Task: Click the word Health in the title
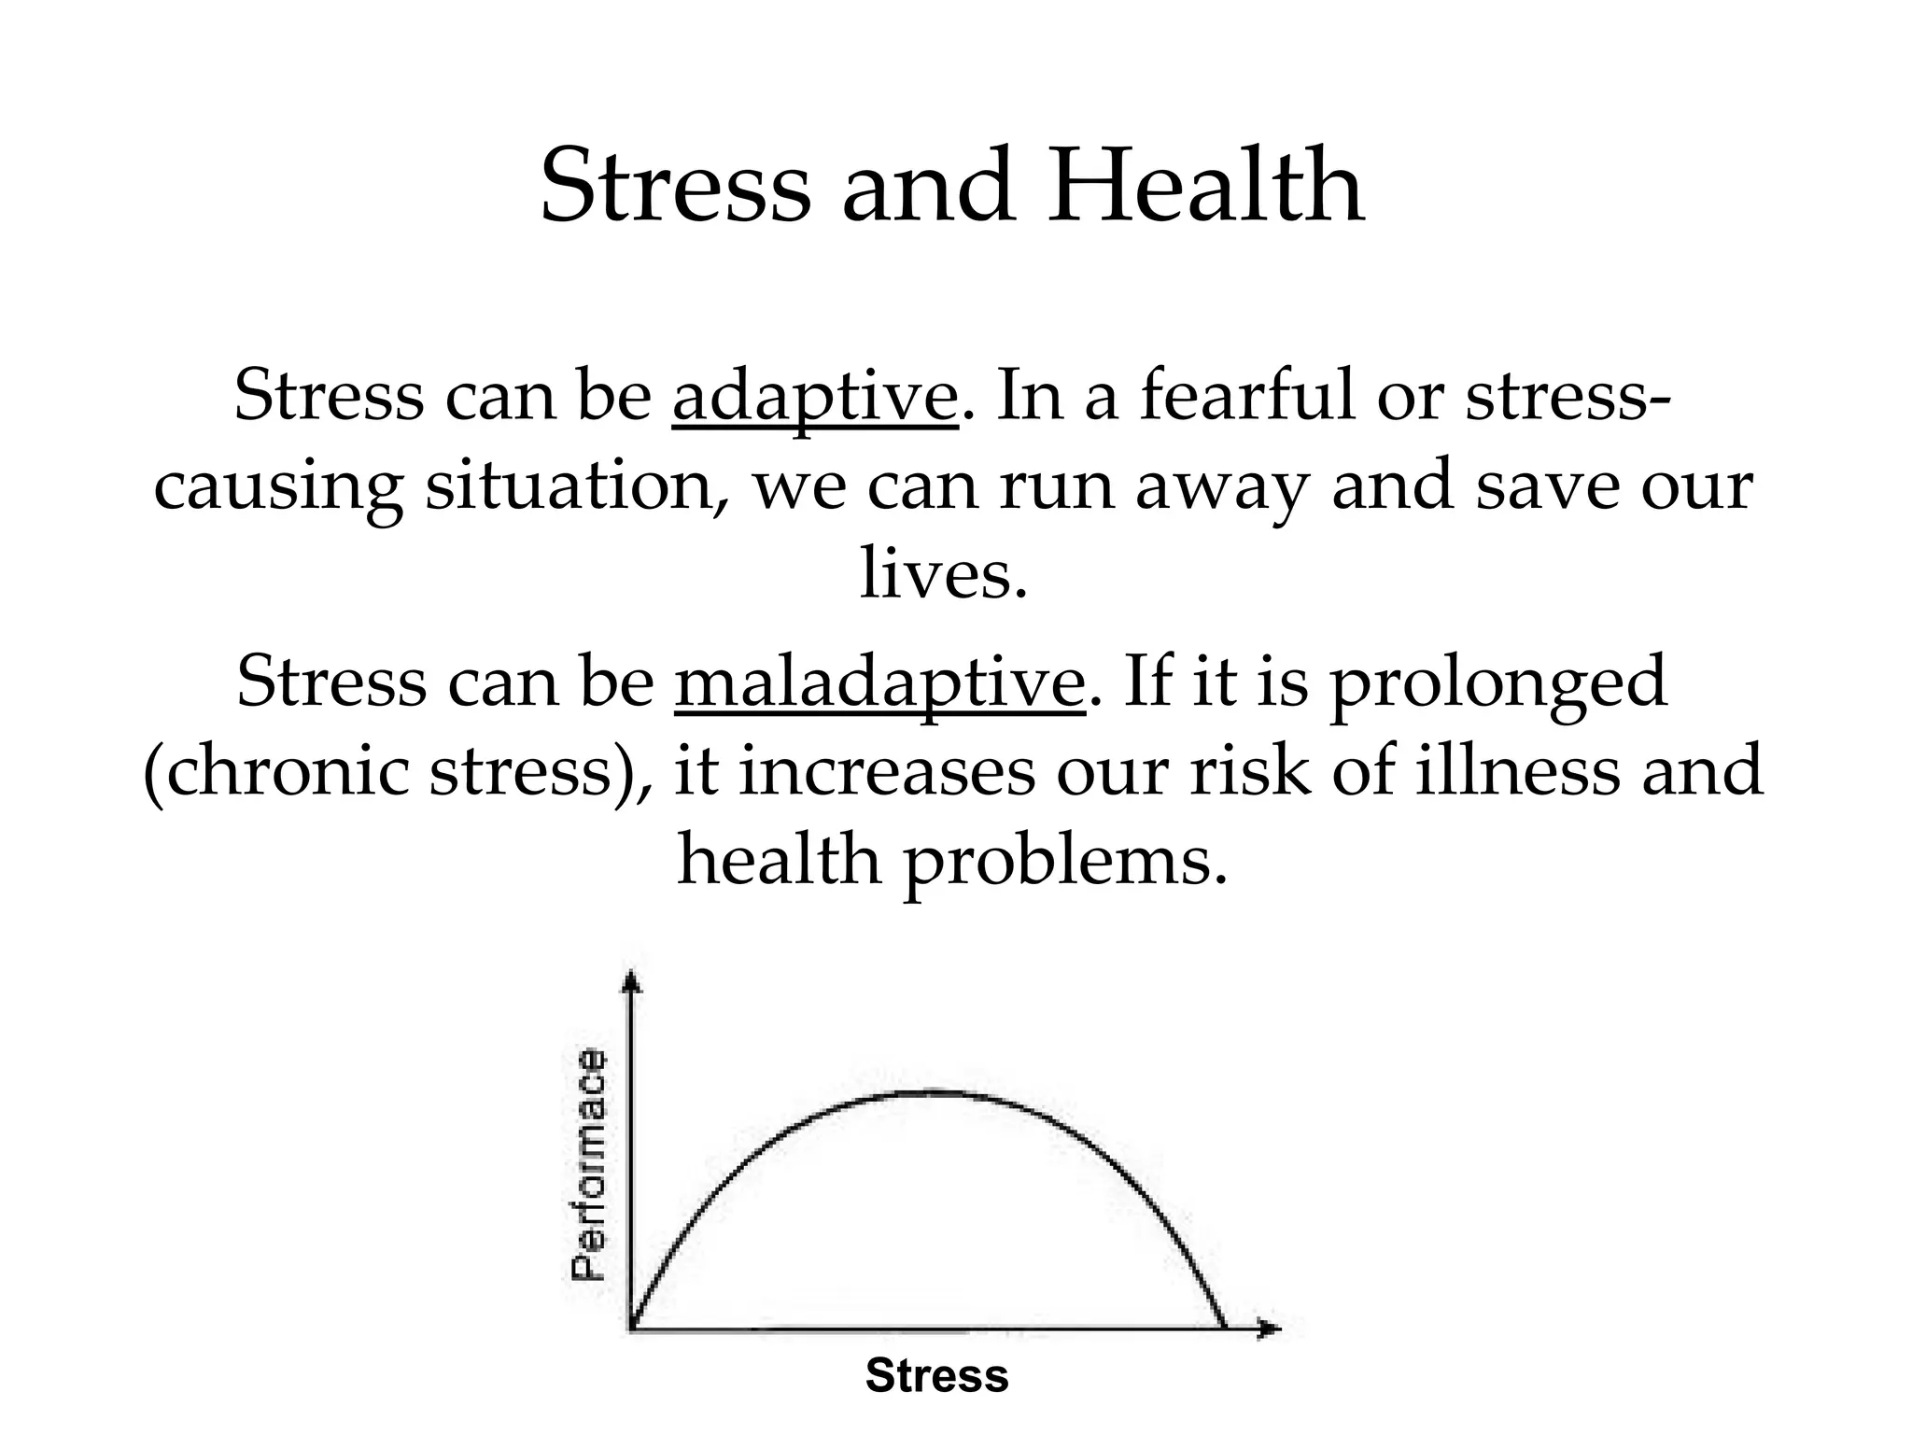1205,187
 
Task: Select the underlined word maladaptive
880,682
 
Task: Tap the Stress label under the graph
936,1376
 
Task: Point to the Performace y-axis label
589,1164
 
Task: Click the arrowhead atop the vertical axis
632,979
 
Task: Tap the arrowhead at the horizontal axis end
1271,1328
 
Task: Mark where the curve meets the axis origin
633,1327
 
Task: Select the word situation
577,487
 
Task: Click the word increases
887,773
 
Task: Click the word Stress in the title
676,187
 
